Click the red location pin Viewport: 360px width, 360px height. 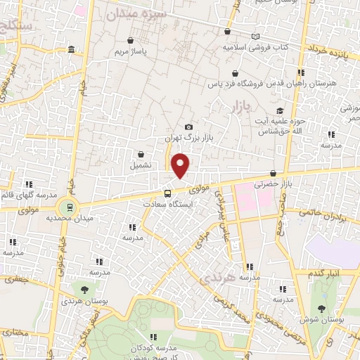pyautogui.click(x=181, y=165)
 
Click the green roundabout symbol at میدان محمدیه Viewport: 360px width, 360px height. pyautogui.click(x=69, y=207)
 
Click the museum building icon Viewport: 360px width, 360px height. pyautogui.click(x=72, y=49)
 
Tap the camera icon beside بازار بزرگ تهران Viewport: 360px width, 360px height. pyautogui.click(x=188, y=127)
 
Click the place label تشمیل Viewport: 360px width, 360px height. pyautogui.click(x=141, y=166)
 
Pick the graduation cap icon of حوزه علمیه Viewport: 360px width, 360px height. pyautogui.click(x=280, y=111)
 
